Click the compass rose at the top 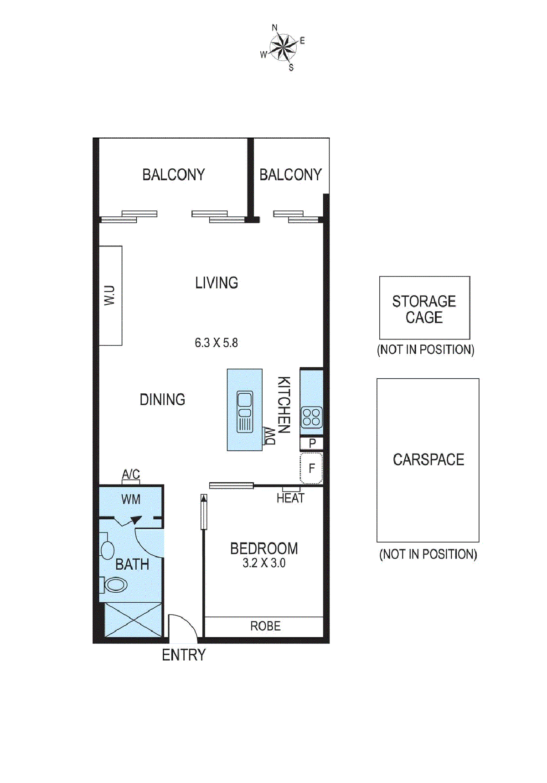283,47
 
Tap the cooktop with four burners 312,417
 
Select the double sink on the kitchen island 245,412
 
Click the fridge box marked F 312,468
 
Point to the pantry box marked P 312,443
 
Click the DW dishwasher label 270,436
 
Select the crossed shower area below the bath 133,619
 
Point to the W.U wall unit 110,295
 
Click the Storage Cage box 424,308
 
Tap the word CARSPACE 428,459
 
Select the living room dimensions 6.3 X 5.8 216,343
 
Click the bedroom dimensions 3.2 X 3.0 264,563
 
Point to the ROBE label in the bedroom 265,626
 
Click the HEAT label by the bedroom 290,498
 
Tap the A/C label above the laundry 131,474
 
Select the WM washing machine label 131,499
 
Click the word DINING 162,400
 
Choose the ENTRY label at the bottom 184,655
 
